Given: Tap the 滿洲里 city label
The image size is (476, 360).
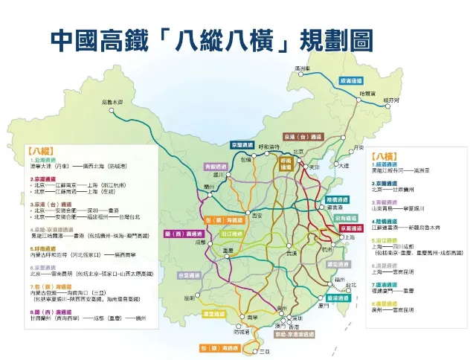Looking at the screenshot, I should click(301, 68).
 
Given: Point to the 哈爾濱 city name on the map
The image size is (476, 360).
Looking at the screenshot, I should click(367, 94).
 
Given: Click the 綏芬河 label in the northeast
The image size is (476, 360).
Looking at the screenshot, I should click(391, 99).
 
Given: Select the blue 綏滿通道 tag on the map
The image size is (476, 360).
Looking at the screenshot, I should click(351, 80).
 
